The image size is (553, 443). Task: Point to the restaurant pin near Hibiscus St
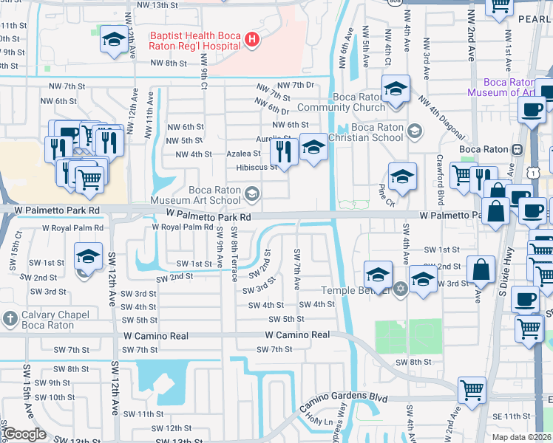pyautogui.click(x=284, y=152)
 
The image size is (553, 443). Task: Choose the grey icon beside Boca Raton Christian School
pyautogui.click(x=414, y=131)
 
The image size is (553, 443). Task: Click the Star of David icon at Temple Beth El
pyautogui.click(x=400, y=288)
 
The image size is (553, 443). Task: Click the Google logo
pyautogui.click(x=24, y=433)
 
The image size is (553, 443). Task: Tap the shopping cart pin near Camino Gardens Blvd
pyautogui.click(x=472, y=389)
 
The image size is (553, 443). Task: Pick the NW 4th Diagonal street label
pyautogui.click(x=441, y=118)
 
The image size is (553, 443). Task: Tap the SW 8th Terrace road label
pyautogui.click(x=234, y=255)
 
